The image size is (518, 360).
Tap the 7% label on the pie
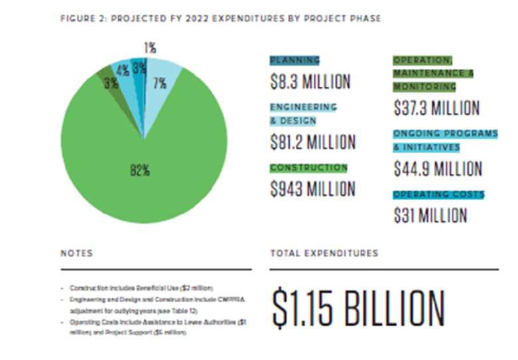click(159, 83)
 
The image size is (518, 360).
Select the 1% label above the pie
click(149, 48)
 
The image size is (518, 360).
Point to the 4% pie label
click(123, 71)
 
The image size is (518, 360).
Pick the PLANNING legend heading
click(294, 60)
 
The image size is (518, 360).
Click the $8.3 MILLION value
click(310, 82)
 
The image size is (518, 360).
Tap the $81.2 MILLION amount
click(313, 142)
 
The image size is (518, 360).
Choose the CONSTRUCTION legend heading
click(308, 168)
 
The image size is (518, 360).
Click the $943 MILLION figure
click(312, 189)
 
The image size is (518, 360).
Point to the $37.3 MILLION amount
click(436, 107)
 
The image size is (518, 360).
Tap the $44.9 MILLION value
click(437, 168)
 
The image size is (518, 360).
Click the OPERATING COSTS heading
click(438, 195)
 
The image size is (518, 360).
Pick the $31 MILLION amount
click(430, 215)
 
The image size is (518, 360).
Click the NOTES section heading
click(77, 253)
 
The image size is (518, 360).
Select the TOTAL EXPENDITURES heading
click(324, 253)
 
